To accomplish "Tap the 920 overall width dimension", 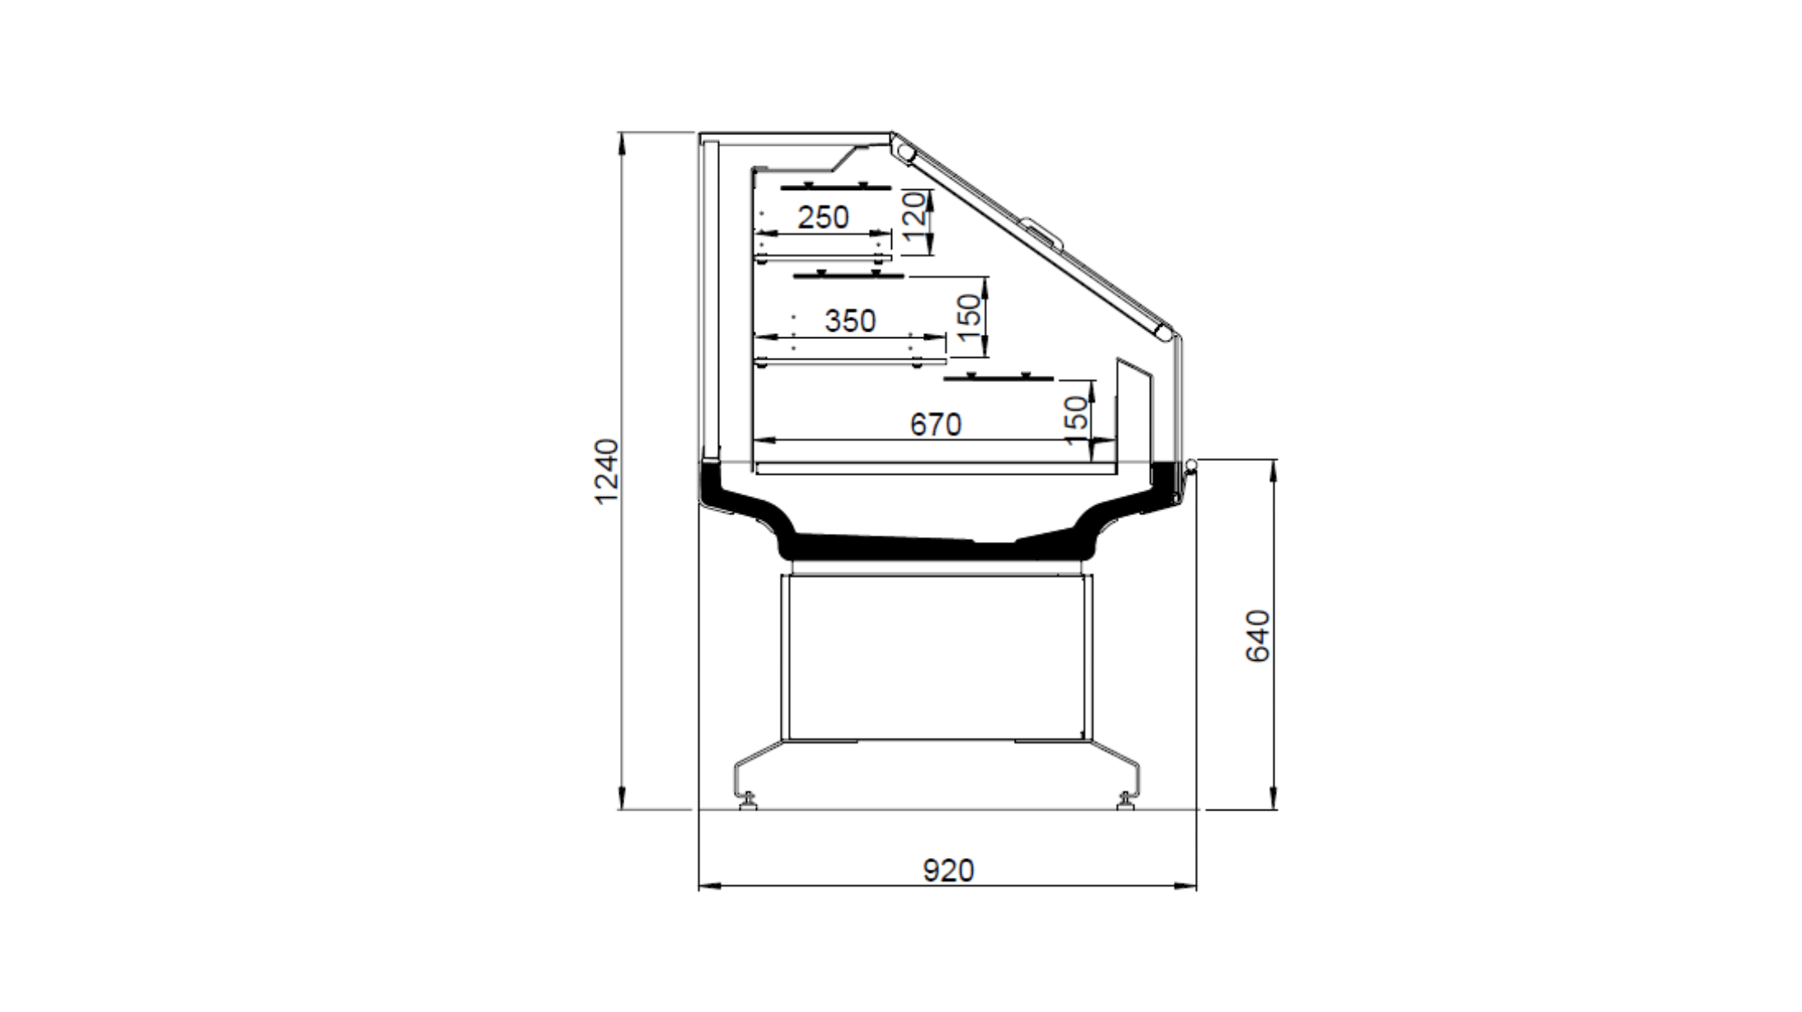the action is [x=949, y=870].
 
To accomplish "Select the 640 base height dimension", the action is [x=1257, y=636].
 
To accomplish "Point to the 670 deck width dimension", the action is [x=935, y=424].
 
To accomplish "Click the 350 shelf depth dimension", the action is [x=850, y=320].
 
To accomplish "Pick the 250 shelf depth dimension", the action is [x=823, y=217].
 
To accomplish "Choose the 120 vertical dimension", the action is [x=915, y=215].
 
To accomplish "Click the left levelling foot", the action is [x=747, y=800].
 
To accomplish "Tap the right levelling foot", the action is [x=1127, y=800].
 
